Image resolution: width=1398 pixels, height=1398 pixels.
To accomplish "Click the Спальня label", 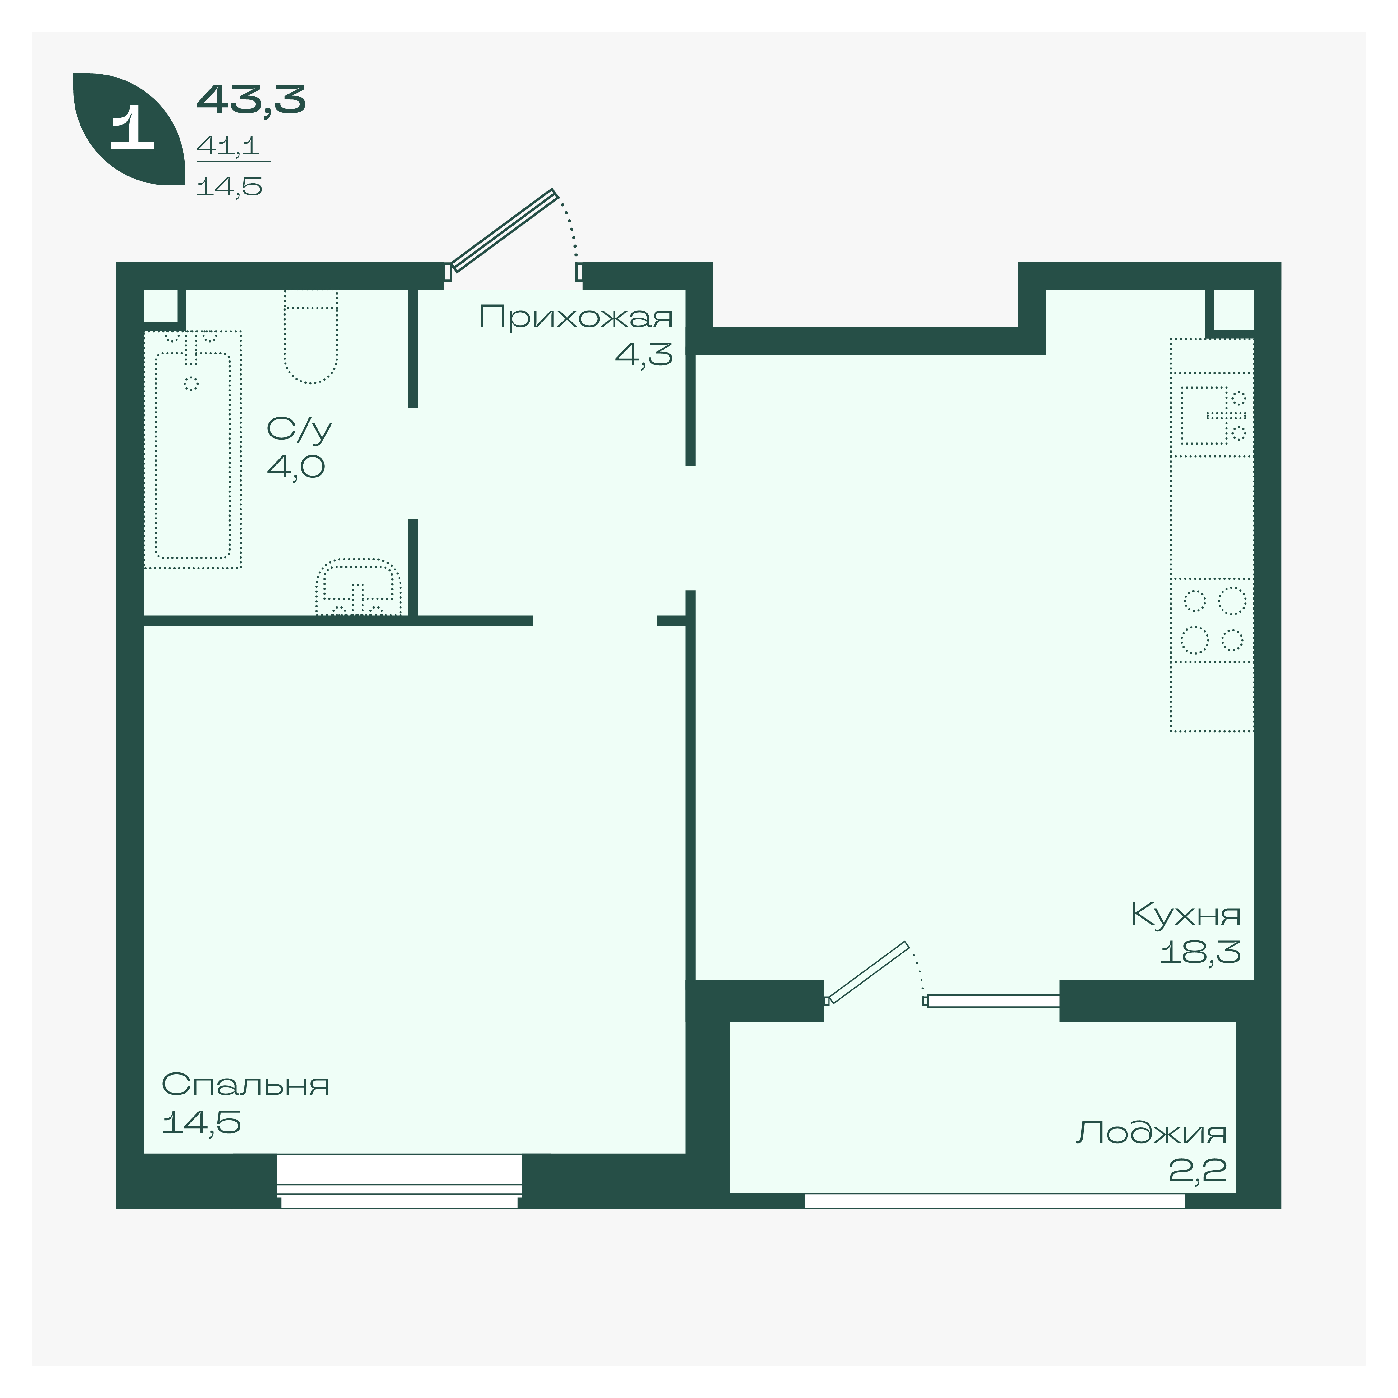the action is tap(245, 1085).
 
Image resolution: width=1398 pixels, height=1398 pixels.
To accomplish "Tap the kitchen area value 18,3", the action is tap(1200, 952).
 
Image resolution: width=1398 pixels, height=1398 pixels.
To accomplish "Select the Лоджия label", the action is tap(1151, 1132).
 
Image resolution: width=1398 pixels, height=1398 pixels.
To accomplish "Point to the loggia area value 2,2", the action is tap(1198, 1170).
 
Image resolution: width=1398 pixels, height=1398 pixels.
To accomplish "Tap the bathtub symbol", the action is tap(193, 449).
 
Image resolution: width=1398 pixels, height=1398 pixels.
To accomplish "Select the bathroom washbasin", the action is tap(358, 587).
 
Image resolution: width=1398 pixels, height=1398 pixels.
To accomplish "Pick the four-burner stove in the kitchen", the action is tap(1212, 620).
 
